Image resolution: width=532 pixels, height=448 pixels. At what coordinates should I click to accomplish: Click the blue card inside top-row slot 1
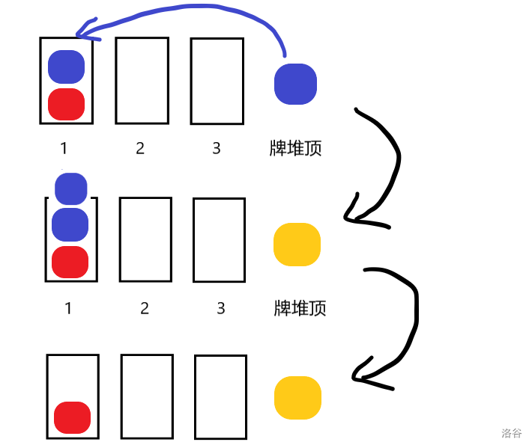tap(66, 67)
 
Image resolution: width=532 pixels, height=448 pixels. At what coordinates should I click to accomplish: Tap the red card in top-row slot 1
tap(66, 104)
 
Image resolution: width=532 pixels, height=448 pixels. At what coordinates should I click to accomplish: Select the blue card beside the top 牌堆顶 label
tap(295, 83)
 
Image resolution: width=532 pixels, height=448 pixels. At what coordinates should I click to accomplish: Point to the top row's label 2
tap(140, 148)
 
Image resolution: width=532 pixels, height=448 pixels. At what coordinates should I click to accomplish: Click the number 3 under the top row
tap(217, 148)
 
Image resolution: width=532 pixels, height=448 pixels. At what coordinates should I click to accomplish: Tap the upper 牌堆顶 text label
tap(295, 148)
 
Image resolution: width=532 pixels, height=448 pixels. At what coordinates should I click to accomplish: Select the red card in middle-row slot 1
tap(70, 261)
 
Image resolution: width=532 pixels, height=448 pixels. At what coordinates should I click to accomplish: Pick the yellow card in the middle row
tap(297, 245)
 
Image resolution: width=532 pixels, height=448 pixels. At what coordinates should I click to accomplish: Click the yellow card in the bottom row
tap(297, 397)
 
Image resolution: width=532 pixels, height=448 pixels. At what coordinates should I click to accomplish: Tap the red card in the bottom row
tap(72, 418)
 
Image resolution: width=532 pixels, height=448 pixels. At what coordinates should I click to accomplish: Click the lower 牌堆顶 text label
tap(300, 307)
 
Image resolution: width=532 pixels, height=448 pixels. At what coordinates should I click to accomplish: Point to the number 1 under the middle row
tap(68, 307)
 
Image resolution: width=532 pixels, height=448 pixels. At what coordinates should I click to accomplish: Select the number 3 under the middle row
tap(220, 307)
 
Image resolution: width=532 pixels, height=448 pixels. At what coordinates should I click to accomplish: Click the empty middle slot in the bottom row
tap(147, 396)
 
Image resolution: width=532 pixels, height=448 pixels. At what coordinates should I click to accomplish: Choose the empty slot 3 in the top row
tap(217, 81)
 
